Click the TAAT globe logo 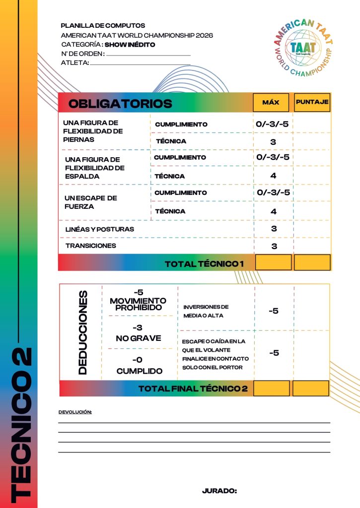coord(303,47)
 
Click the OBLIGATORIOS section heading coord(120,104)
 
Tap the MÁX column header coord(271,103)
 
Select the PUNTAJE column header coord(312,102)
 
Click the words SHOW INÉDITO coord(130,45)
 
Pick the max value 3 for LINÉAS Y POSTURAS coord(274,229)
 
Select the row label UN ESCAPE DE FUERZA coord(91,202)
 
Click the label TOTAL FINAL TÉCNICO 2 coord(193,388)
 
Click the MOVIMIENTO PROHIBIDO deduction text coord(139,304)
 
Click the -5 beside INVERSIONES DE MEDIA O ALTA coord(274,311)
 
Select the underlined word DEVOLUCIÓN coord(75,412)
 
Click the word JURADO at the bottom coord(219,491)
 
